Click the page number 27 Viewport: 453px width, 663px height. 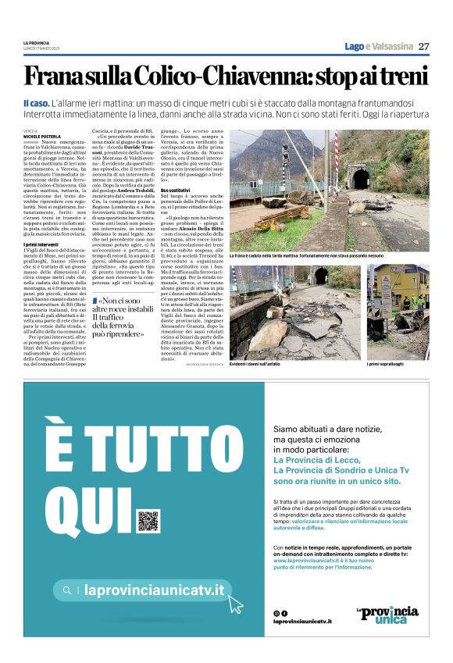click(x=423, y=46)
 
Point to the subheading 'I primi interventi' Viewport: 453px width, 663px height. click(x=40, y=244)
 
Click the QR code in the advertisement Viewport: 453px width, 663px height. click(x=148, y=522)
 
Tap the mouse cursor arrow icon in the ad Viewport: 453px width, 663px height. click(x=235, y=604)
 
